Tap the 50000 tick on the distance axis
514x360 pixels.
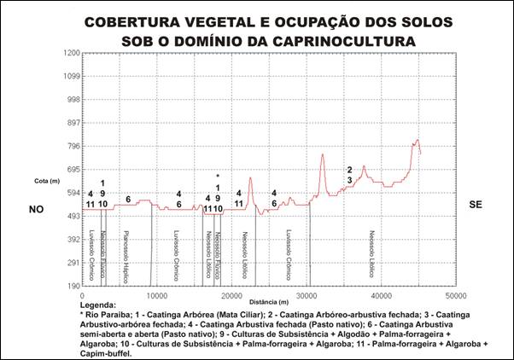456,294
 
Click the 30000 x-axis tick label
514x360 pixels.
306,294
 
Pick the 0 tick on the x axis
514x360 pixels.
82,294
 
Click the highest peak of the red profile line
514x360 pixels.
418,140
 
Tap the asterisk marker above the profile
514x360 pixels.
218,177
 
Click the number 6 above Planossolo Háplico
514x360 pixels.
129,200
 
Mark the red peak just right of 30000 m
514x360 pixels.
323,154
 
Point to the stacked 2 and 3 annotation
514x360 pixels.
350,175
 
